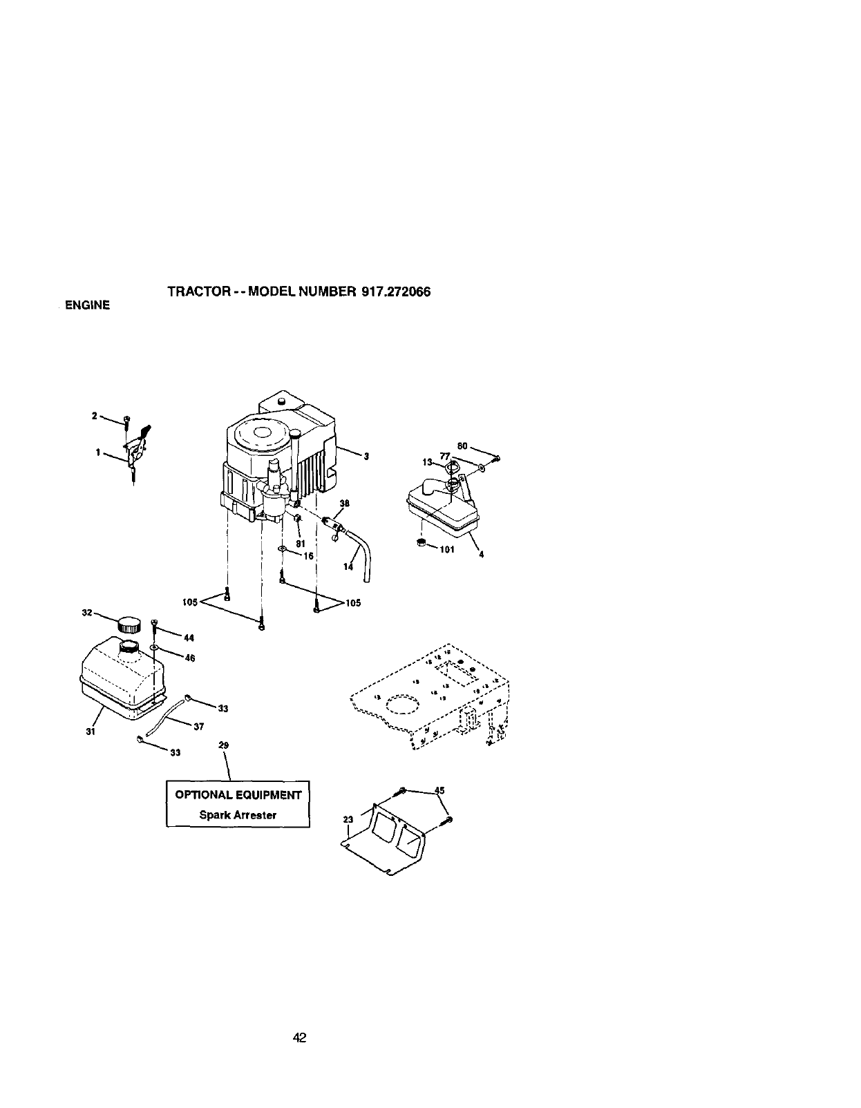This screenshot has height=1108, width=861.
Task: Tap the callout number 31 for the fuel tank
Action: tap(91, 732)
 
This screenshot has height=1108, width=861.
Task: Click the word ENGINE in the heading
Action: tap(87, 305)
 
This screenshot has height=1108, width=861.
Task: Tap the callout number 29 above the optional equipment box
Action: tap(223, 745)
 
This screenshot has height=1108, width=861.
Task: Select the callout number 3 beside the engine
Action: tap(367, 456)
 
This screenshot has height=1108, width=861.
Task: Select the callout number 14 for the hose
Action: tap(348, 566)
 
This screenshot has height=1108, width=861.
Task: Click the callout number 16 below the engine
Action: tap(308, 555)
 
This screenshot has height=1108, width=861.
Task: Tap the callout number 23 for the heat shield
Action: tap(348, 819)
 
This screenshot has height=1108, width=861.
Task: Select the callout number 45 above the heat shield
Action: tap(439, 790)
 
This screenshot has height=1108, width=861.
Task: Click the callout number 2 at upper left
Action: tap(94, 416)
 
